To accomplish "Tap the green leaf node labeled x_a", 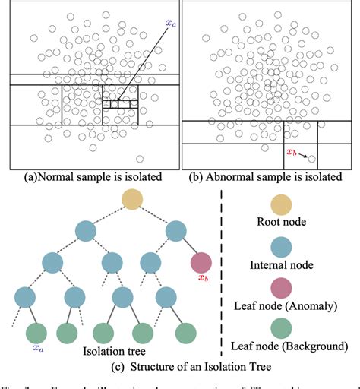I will [x=36, y=333].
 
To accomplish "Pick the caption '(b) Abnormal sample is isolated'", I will [x=268, y=179].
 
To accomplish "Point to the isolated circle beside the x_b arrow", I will [x=313, y=160].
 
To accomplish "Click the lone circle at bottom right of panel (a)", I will [x=140, y=158].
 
